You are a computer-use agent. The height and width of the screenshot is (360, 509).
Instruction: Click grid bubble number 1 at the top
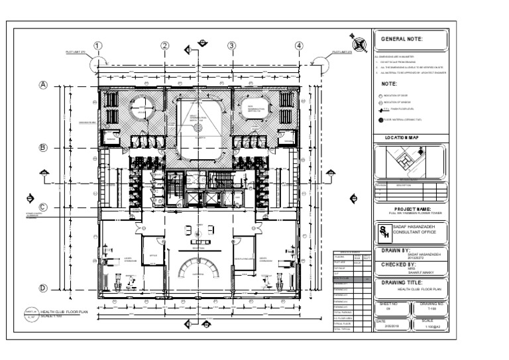(x=97, y=46)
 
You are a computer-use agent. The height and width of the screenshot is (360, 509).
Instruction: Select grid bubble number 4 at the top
(x=299, y=46)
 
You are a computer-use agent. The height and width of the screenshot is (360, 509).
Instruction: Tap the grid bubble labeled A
(x=44, y=86)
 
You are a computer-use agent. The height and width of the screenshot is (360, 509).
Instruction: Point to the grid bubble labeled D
(x=44, y=288)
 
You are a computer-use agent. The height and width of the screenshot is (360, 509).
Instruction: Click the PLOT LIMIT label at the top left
(x=76, y=52)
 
